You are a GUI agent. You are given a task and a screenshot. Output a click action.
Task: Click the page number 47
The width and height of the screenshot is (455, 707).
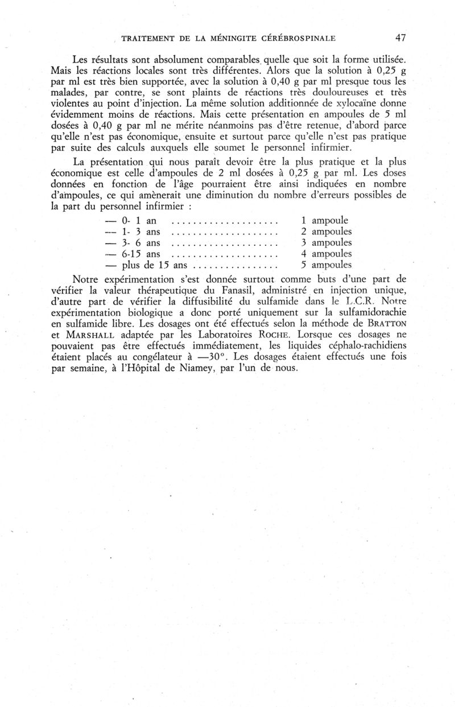(x=400, y=38)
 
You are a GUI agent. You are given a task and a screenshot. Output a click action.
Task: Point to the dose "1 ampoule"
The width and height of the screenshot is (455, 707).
(x=324, y=220)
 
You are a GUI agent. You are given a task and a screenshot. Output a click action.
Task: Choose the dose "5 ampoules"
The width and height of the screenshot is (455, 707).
(x=326, y=265)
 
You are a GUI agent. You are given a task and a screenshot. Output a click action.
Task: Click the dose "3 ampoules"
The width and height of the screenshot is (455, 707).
(x=326, y=242)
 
